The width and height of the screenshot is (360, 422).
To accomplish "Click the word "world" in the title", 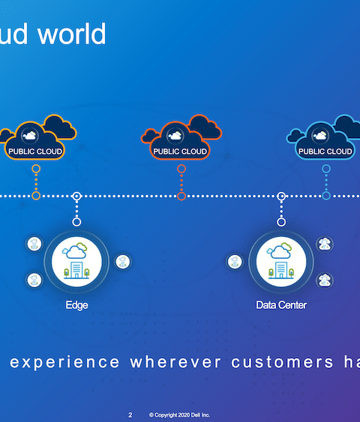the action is (x=72, y=34).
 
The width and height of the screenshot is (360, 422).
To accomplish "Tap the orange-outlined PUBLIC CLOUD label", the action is (x=35, y=151).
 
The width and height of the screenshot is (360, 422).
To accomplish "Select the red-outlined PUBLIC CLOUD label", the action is (x=180, y=151).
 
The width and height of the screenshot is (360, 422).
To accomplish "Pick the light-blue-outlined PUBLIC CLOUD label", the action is (x=325, y=151).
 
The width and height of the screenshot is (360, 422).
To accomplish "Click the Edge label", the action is (x=76, y=305).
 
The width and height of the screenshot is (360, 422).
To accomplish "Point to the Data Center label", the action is (x=281, y=305).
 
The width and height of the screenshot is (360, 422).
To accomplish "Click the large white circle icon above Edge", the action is (x=76, y=262).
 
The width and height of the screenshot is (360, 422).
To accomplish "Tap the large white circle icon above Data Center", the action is (x=281, y=262).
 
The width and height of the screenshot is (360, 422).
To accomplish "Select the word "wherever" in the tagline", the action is (x=175, y=362).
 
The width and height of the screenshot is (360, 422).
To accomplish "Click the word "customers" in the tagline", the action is (x=282, y=362).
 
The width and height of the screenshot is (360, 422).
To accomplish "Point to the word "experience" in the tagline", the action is (x=64, y=363).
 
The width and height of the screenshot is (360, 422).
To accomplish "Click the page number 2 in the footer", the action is (x=130, y=415).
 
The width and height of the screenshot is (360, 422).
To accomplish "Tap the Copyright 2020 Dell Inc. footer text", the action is (x=179, y=415).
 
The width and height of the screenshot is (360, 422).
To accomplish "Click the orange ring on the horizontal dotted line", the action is (x=36, y=196).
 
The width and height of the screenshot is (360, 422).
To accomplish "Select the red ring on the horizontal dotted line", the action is (x=181, y=196).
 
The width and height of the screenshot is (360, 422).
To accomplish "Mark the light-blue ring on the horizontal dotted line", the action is (x=326, y=196).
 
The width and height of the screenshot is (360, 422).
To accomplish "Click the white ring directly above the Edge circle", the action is (x=76, y=222).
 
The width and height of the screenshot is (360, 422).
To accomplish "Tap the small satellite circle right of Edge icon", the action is (x=123, y=262).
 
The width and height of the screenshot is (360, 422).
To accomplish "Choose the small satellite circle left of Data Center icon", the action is (x=235, y=262).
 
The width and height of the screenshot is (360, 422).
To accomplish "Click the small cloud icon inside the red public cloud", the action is (x=175, y=136).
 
